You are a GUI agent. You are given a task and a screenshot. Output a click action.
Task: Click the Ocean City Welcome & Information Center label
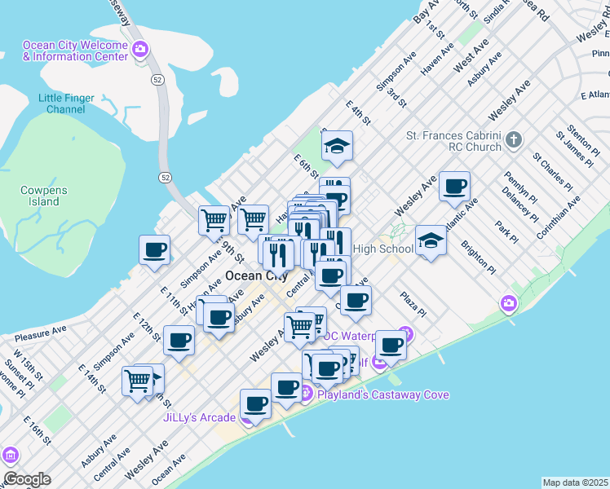coord(75,51)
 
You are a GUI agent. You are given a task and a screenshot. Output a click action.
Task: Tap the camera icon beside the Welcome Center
coord(140,51)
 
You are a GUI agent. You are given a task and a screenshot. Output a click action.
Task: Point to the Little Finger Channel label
coord(67,104)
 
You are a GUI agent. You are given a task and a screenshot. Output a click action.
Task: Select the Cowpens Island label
coord(38,196)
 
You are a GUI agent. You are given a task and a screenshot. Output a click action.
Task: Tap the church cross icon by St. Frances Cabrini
coord(513,140)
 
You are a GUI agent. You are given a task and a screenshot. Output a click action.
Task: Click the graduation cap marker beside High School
coord(431,241)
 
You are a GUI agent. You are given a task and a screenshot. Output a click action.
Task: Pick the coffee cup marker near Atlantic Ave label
coord(454,187)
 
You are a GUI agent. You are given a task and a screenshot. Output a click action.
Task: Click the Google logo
coord(27,478)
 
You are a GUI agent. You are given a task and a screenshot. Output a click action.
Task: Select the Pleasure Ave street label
coord(39,333)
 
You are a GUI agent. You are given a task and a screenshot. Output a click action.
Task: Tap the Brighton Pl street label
coord(478,256)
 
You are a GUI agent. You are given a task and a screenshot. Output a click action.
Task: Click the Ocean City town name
coord(255,275)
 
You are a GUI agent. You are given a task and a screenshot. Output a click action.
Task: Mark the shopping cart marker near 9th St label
coord(214,219)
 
